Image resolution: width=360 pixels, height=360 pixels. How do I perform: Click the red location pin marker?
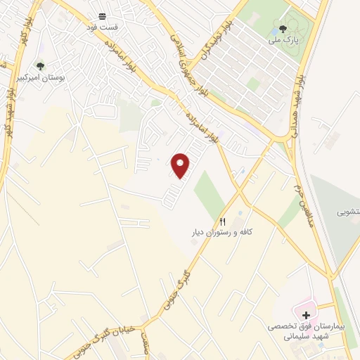click(181, 165)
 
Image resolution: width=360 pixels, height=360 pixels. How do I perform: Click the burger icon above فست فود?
click(103, 15)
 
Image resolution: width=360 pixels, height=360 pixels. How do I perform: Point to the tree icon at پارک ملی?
click(283, 29)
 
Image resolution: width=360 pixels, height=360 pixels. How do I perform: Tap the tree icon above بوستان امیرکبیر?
click(40, 67)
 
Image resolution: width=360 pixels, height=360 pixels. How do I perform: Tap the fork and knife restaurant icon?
click(222, 219)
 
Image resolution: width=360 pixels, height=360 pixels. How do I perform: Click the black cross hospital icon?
click(305, 315)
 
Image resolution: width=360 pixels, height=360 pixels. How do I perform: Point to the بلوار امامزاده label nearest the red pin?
click(211, 127)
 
